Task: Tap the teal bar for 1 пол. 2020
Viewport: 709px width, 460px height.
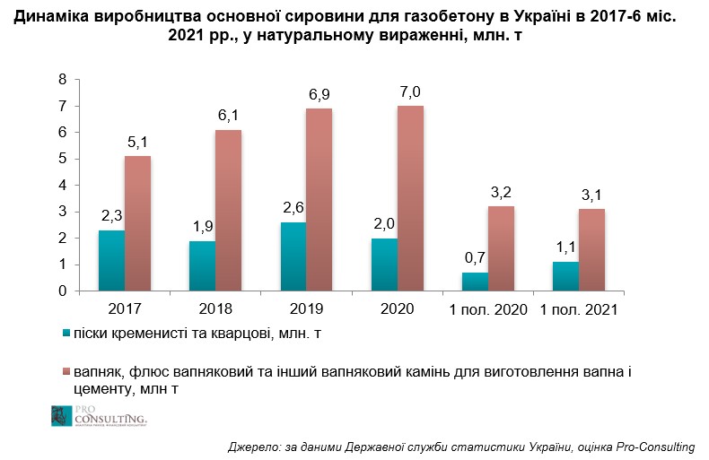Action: [475, 282]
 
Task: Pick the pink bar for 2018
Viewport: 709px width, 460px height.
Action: [229, 211]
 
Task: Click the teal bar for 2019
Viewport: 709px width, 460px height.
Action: [293, 256]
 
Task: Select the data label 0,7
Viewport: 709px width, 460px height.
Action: [475, 259]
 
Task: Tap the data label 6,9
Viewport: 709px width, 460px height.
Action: [320, 95]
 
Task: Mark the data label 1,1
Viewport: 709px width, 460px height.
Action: [565, 248]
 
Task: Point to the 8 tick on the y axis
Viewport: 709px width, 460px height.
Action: [62, 80]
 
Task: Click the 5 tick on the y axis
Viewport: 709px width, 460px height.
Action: [62, 159]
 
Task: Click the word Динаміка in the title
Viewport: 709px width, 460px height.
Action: [54, 16]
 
